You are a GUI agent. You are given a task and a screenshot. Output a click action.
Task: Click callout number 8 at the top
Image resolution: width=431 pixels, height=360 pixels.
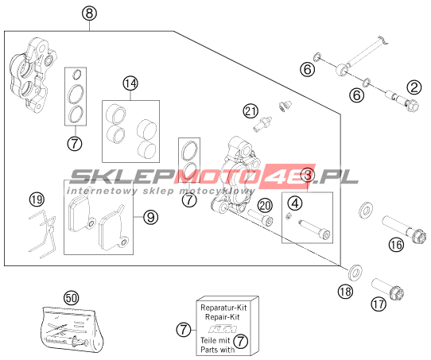tap(90, 14)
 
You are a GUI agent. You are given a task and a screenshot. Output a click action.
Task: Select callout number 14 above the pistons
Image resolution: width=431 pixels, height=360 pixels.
tap(130, 83)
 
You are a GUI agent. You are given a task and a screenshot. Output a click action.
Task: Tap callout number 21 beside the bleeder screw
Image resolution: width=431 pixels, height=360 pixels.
tap(250, 111)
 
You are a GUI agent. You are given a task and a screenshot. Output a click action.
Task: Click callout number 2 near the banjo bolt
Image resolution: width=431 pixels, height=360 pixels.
tap(414, 87)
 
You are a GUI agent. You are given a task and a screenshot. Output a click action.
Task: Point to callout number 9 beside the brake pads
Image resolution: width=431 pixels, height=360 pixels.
tap(150, 217)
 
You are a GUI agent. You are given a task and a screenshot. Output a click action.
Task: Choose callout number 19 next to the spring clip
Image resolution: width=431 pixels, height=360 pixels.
tap(37, 199)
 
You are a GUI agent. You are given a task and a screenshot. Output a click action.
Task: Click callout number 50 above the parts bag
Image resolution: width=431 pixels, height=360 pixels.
tap(72, 298)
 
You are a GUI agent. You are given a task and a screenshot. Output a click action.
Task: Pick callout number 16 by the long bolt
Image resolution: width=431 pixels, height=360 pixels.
tap(396, 245)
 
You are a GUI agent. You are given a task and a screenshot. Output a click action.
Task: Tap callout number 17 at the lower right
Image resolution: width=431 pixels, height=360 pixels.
tap(379, 304)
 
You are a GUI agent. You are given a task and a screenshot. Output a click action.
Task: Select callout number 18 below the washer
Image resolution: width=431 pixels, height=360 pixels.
tap(345, 291)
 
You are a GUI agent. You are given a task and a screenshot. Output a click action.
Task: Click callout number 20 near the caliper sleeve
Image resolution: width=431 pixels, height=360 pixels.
tap(265, 205)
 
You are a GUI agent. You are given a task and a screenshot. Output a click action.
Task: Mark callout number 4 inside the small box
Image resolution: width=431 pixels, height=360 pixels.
tap(295, 203)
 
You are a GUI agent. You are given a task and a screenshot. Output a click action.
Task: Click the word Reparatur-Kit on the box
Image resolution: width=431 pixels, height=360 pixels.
tap(223, 308)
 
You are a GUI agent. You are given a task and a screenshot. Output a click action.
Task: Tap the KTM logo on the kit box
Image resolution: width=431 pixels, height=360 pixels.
tap(223, 329)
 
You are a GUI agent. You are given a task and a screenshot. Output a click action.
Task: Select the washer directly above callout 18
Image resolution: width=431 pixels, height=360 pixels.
tap(355, 273)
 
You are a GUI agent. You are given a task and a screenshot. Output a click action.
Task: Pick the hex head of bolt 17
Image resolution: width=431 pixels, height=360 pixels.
tap(396, 293)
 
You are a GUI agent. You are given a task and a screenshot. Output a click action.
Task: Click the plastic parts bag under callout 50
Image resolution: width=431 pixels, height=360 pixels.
tap(72, 329)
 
